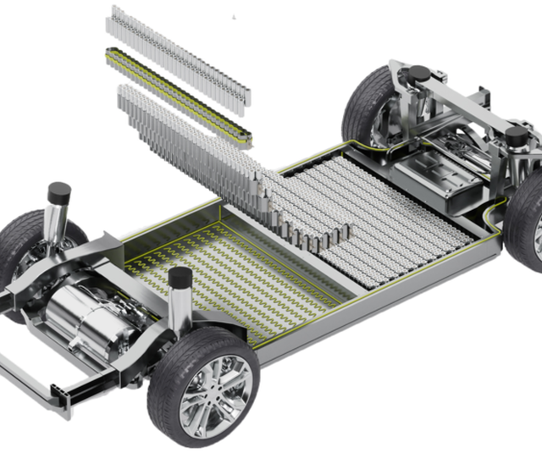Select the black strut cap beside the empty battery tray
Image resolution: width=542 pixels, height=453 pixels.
coord(180,277)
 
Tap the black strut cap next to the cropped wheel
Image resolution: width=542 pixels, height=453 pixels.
coord(514,135)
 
